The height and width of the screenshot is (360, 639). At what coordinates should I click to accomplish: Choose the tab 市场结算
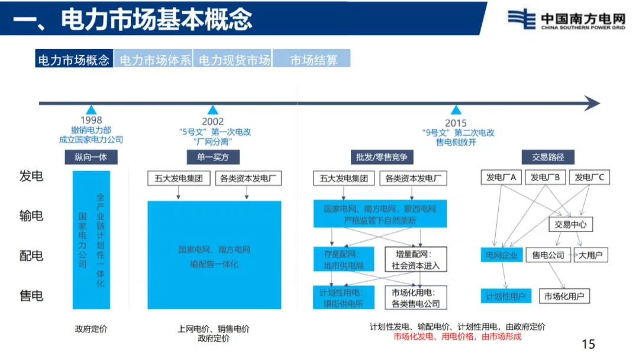pos(314,59)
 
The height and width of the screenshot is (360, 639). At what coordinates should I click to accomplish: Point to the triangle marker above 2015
pos(456,110)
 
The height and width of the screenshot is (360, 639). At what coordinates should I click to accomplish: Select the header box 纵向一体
pos(91,157)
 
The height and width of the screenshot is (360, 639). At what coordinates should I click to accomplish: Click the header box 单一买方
pos(213,157)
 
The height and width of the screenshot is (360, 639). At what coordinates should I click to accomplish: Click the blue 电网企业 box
pos(502,255)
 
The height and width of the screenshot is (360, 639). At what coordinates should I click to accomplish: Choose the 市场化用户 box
pos(564,296)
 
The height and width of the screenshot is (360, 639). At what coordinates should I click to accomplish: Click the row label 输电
pos(31,216)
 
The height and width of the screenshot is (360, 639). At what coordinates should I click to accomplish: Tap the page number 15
pos(588,344)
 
